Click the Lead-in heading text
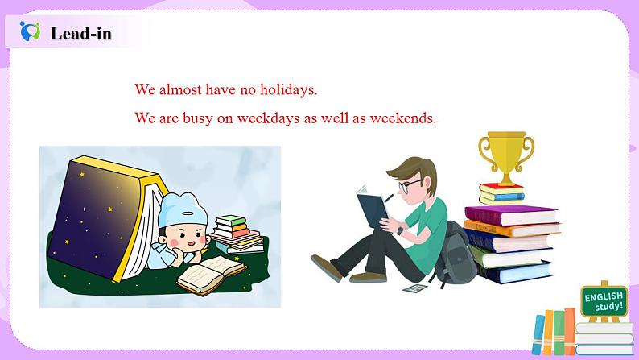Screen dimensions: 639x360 (x=80, y=34)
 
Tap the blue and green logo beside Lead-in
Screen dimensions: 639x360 (x=30, y=31)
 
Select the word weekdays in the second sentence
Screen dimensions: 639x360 (x=269, y=118)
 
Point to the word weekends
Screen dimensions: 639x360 (x=402, y=118)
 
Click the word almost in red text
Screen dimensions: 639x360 (x=179, y=89)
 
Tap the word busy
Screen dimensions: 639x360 (x=198, y=118)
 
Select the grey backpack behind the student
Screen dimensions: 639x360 (x=456, y=254)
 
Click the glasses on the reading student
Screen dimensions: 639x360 (x=409, y=186)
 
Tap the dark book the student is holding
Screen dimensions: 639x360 (x=373, y=207)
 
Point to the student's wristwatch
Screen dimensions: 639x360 (x=400, y=230)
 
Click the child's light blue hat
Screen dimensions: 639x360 (x=182, y=209)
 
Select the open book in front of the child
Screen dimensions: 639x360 (x=212, y=275)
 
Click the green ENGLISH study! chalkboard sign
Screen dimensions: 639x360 (x=604, y=301)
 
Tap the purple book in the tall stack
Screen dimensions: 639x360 (x=511, y=215)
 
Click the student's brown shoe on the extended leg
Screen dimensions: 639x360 (x=327, y=267)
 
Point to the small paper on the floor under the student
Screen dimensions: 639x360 (x=415, y=288)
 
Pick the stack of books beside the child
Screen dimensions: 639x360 (x=237, y=234)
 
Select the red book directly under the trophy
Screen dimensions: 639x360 (x=501, y=188)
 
